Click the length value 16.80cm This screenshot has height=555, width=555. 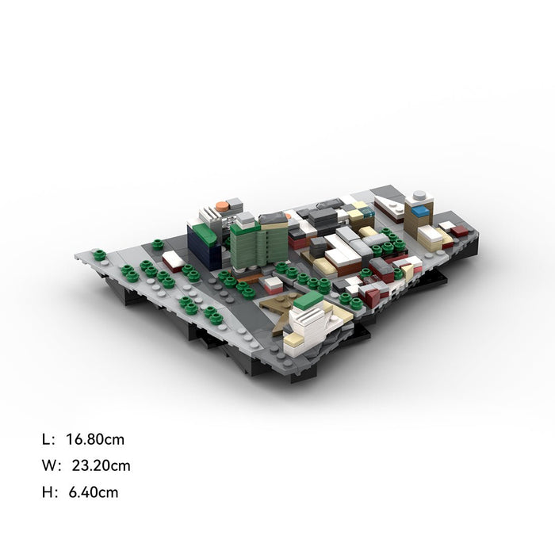(x=95, y=439)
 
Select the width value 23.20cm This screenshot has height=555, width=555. (x=101, y=465)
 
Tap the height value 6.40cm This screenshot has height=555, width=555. (x=94, y=492)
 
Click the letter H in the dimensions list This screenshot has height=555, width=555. (x=47, y=492)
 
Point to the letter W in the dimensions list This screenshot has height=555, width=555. (x=48, y=465)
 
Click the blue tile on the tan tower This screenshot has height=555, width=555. (x=420, y=211)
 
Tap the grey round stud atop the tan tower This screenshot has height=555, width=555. (x=419, y=194)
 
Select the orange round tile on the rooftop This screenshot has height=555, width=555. (x=222, y=206)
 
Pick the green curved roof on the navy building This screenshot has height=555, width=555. (x=205, y=232)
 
